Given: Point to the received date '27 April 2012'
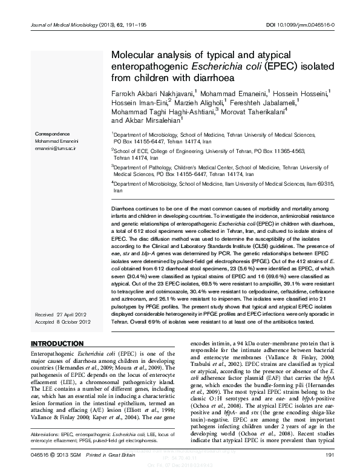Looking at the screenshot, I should coord(77,315).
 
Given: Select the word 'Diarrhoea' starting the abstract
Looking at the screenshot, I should coord(123,207).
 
